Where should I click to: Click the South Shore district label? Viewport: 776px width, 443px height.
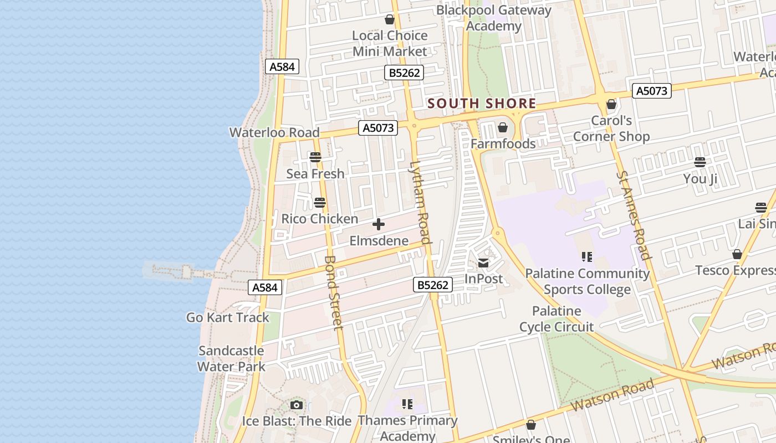(482, 104)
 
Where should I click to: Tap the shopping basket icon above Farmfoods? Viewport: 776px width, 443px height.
(503, 128)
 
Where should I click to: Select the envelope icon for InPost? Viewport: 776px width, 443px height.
(484, 263)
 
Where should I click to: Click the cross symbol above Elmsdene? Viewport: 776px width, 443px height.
(379, 224)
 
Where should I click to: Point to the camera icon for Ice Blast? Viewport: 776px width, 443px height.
(297, 405)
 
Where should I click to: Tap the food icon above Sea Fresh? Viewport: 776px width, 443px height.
(315, 157)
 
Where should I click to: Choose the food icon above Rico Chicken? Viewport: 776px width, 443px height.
(320, 203)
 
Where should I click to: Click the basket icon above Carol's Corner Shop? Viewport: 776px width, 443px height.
(611, 104)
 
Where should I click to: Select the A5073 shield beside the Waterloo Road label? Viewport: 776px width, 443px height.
(379, 128)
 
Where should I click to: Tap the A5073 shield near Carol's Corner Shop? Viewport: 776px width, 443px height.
(652, 91)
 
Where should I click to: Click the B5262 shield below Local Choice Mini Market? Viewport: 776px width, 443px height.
(404, 73)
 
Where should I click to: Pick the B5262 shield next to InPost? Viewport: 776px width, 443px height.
(433, 285)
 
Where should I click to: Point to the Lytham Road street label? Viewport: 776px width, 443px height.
(420, 202)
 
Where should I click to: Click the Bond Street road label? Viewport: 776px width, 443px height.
(334, 292)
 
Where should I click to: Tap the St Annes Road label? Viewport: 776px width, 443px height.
(633, 215)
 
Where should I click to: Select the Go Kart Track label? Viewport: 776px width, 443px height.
(227, 317)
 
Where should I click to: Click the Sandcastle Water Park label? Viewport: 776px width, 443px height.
(231, 358)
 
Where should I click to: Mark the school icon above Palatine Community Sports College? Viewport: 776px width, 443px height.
(587, 257)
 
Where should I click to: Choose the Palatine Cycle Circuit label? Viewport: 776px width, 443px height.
(557, 319)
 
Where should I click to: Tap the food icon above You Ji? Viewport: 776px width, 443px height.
(700, 162)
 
